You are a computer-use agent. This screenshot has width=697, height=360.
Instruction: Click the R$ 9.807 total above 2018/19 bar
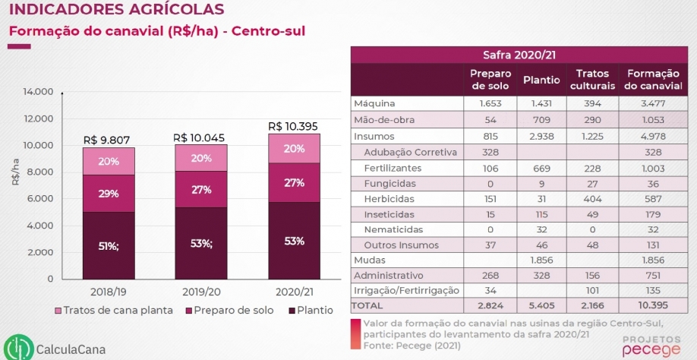(107, 140)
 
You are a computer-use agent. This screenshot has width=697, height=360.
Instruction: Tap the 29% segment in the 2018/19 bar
(108, 194)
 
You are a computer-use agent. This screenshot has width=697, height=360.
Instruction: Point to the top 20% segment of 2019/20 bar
(201, 158)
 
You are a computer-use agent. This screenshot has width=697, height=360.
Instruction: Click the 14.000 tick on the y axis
(37, 92)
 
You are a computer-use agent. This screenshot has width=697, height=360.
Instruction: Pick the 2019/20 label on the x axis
(201, 291)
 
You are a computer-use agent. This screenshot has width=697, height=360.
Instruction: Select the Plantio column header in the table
(541, 80)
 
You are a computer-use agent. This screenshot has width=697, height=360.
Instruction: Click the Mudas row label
(369, 259)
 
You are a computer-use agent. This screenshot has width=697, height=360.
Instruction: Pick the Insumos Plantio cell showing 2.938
(541, 136)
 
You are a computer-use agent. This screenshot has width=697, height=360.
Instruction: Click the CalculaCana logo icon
(17, 346)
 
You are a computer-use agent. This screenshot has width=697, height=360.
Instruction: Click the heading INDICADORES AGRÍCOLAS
(116, 10)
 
